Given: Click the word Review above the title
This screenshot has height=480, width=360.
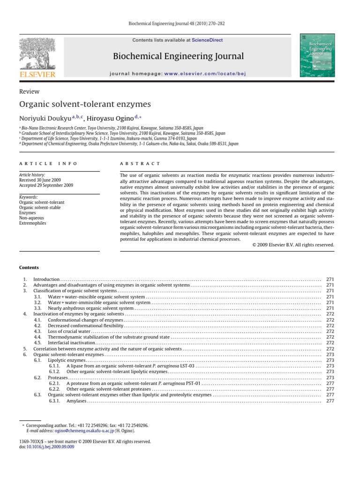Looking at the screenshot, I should pos(29,92).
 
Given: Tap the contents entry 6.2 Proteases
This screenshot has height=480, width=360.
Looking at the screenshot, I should pos(58,377).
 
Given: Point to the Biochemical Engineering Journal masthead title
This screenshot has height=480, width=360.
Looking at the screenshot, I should pos(178,57).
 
